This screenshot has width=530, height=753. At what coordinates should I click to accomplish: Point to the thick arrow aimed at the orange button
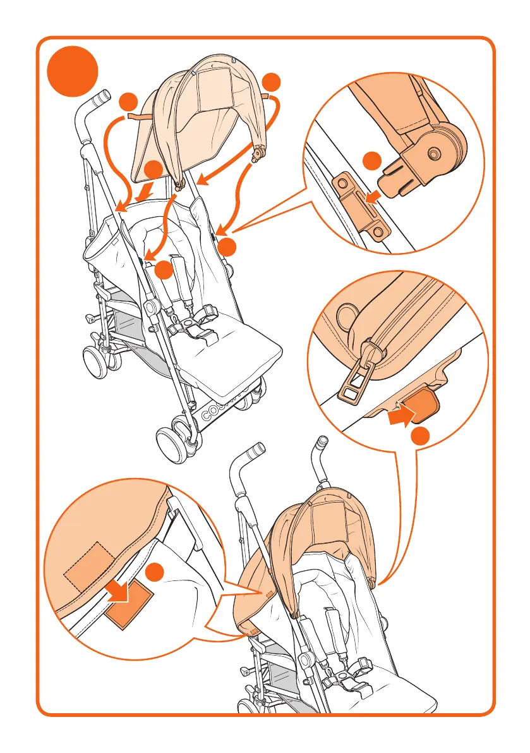(x=399, y=417)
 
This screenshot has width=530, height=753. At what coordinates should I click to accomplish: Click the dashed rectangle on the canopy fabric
(x=89, y=564)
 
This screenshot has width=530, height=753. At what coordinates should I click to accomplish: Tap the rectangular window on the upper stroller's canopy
(x=212, y=89)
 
